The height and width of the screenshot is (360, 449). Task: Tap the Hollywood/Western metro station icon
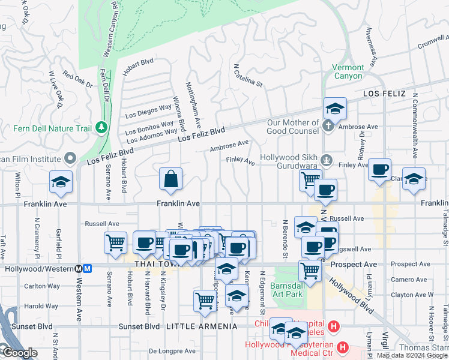pos(87,269)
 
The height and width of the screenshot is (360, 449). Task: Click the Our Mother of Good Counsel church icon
pos(327,127)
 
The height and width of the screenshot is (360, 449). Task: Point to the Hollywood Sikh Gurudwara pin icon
pos(327,160)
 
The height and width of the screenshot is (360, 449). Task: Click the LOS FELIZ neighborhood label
pos(384,94)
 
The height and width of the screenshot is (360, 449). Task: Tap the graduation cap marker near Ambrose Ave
pos(335,109)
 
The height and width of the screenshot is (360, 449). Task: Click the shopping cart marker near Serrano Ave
pos(115,242)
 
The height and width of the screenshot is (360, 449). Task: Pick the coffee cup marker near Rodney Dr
pos(379,170)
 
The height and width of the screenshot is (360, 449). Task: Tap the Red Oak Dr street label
pos(77,80)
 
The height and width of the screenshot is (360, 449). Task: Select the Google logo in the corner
pos(19,353)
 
